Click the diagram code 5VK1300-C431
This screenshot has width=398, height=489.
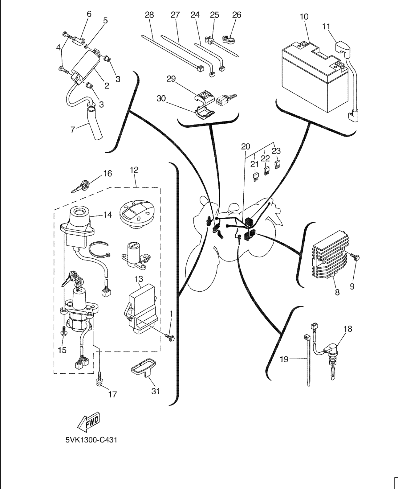coord(91,440)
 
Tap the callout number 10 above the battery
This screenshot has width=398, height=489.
coord(304,17)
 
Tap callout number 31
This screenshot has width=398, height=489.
coord(156,391)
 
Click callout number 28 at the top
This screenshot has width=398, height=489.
coord(149,15)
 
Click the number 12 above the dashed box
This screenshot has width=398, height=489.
coord(134,170)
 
